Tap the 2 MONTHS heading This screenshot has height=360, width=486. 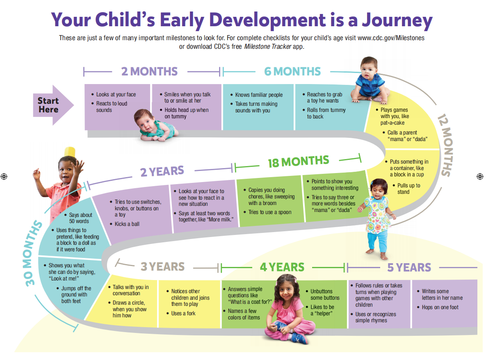pyautogui.click(x=149, y=72)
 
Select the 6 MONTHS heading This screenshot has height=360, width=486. pyautogui.click(x=292, y=72)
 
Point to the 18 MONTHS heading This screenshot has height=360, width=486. pyautogui.click(x=298, y=162)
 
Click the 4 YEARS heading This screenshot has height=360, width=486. pyautogui.click(x=282, y=267)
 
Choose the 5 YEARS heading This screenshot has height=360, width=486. pyautogui.click(x=409, y=267)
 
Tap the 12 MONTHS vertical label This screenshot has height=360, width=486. pyautogui.click(x=445, y=145)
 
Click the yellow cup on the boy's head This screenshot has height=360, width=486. pyautogui.click(x=70, y=152)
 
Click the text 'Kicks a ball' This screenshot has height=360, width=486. pyautogui.click(x=127, y=224)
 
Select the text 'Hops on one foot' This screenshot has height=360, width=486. pyautogui.click(x=440, y=308)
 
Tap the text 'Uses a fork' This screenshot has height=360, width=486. pyautogui.click(x=183, y=314)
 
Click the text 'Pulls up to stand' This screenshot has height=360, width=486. pyautogui.click(x=408, y=189)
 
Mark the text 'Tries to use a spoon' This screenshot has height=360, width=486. pyautogui.click(x=269, y=212)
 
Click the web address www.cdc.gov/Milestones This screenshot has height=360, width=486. pyautogui.click(x=391, y=38)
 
